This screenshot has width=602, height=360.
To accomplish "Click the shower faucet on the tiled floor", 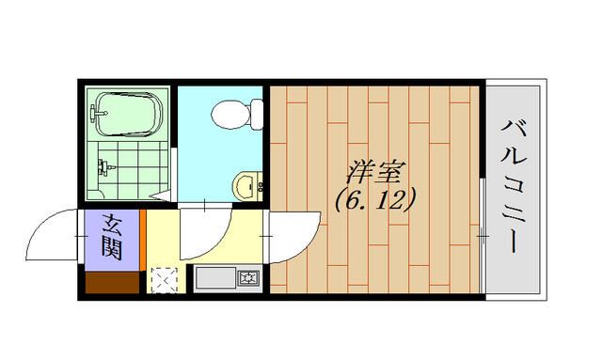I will [x=104, y=169].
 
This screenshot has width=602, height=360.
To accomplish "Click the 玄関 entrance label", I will [x=111, y=236].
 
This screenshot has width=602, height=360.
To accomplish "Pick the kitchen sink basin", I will [x=215, y=279].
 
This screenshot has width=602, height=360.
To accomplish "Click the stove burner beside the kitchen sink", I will [x=248, y=278].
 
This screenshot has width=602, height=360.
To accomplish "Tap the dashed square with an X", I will [x=163, y=281].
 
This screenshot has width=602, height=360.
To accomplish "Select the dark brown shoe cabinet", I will [x=110, y=281].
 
